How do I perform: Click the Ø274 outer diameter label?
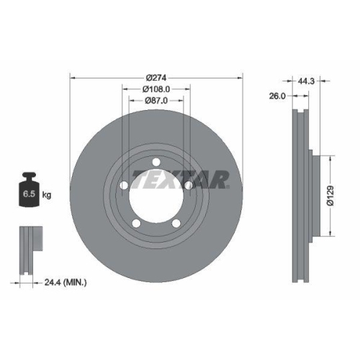click(x=156, y=78)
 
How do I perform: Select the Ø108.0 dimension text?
click(x=156, y=90)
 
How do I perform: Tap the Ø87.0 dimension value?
click(x=156, y=101)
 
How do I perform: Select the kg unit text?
click(x=47, y=194)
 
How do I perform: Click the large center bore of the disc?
click(x=156, y=197)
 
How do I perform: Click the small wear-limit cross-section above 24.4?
click(x=27, y=248)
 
